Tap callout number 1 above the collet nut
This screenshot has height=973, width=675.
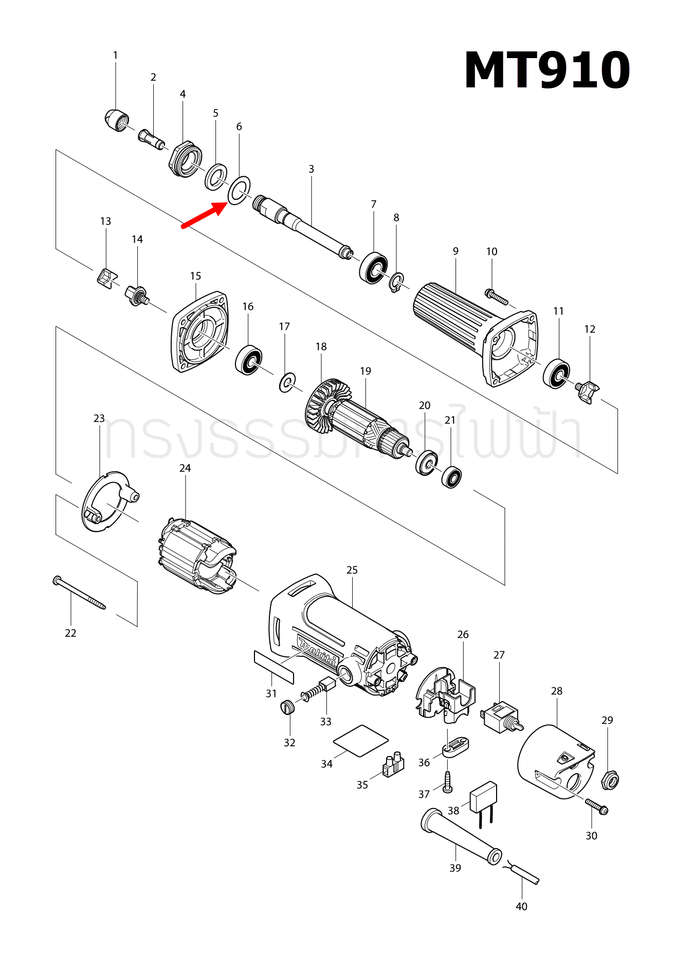point(115,55)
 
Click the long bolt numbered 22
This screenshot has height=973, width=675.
point(79,593)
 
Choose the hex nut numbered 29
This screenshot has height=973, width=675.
point(609,780)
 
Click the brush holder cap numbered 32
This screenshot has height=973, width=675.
point(288,707)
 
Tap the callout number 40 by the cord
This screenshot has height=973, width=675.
point(521,906)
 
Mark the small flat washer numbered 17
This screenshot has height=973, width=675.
point(287,382)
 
